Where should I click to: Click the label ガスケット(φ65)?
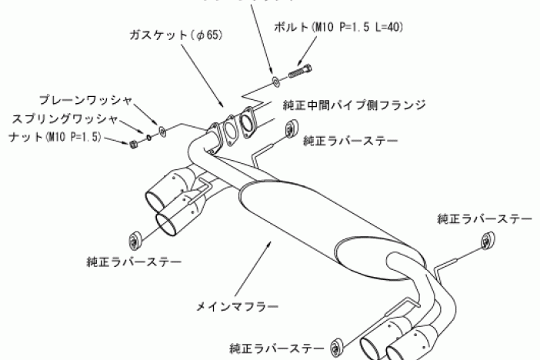coord(178,36)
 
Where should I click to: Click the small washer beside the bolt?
coord(275,80)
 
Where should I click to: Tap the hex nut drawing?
coord(134,144)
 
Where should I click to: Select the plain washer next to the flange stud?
coord(162,131)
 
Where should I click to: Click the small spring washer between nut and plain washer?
coord(148,138)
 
